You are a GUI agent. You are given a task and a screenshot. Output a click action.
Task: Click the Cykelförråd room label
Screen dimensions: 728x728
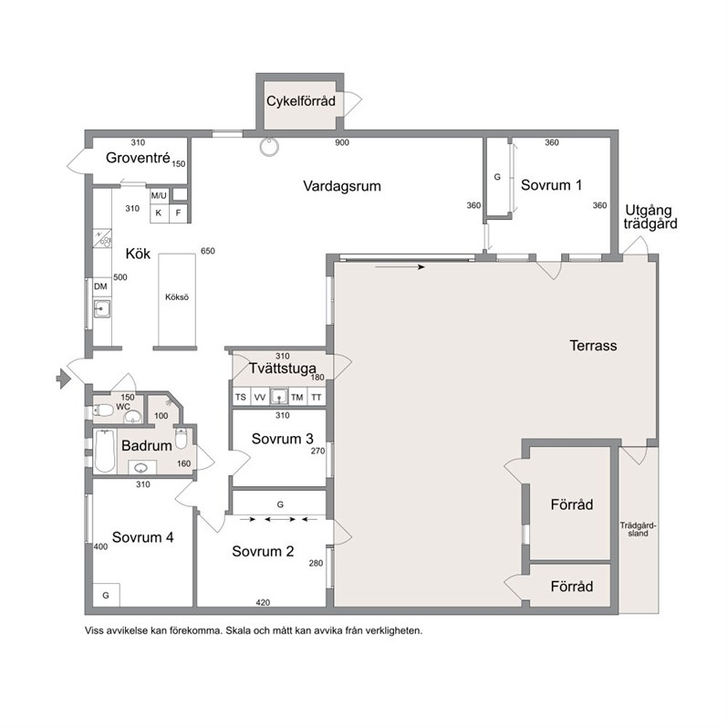coord(301,101)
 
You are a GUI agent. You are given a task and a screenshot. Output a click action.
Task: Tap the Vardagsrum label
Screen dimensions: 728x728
coord(342,186)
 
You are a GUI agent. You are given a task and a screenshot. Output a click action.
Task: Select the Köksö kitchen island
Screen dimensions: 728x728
coord(177,299)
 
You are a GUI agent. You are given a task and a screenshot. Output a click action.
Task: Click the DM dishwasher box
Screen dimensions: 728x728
coord(100,287)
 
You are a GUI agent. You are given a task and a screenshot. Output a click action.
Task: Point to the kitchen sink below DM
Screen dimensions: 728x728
coord(101,308)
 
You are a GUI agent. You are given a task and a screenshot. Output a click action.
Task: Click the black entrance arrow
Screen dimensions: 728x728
coord(63,379)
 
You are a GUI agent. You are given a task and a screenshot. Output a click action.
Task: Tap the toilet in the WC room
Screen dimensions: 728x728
coord(103,410)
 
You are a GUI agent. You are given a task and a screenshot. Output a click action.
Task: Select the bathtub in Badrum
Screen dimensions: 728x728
coord(105,452)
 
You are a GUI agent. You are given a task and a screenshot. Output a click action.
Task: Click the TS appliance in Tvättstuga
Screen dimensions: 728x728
coord(241,398)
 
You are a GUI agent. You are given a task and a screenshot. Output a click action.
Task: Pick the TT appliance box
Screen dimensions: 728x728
coord(317,398)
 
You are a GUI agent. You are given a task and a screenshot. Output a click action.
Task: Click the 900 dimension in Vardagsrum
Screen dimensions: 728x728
coord(342,143)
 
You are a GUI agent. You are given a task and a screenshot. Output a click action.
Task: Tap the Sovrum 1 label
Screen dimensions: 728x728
coord(551,185)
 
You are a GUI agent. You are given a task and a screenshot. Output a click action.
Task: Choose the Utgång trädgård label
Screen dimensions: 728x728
coord(650,217)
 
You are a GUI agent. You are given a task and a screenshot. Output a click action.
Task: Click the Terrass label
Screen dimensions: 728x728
coord(593,346)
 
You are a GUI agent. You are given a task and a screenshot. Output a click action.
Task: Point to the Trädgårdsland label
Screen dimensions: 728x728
coord(639,530)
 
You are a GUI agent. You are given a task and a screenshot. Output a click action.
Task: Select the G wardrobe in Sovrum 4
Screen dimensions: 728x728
coord(106,595)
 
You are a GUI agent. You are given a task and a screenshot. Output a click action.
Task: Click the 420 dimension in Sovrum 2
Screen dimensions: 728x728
coord(263,603)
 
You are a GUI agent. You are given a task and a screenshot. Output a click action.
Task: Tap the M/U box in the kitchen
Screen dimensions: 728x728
coord(159,196)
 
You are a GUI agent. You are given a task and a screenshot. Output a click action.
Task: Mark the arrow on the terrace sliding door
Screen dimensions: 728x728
coord(400,267)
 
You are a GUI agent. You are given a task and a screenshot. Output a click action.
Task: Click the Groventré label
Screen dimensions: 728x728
coord(138,158)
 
